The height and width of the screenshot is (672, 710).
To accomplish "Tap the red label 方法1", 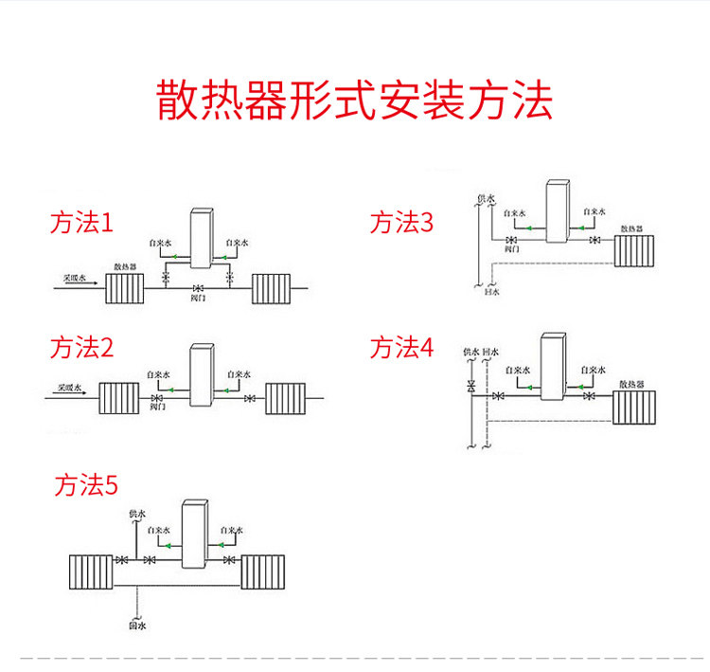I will point(81,224).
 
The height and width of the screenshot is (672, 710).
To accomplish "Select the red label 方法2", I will point(81,348).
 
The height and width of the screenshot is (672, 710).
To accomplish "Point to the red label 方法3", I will point(401,224).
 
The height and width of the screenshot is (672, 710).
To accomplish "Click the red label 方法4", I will point(401,348).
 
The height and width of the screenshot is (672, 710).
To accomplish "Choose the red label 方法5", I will point(86,486).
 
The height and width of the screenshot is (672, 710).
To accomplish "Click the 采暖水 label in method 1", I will point(75,278).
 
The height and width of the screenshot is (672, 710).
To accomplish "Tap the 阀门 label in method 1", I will point(198,299).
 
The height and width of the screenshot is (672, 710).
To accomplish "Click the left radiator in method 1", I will point(124,287).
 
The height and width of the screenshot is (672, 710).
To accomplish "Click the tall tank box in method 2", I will point(203,376).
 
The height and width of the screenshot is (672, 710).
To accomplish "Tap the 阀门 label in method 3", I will point(512,251).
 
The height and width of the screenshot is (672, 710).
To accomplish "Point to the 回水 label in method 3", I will point(491,293).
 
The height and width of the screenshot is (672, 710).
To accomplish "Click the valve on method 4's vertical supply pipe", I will point(470,387).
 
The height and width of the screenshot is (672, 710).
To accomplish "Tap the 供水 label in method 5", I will point(137,515).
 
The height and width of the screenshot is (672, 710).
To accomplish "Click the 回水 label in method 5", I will point(137,626).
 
